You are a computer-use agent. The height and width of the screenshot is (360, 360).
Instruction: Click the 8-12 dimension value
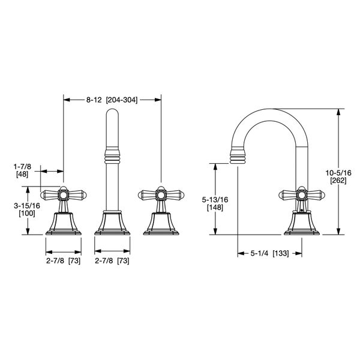tap(94, 100)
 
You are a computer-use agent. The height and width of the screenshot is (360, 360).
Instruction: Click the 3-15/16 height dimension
tap(27, 205)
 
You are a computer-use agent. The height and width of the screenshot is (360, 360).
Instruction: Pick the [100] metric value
tap(27, 213)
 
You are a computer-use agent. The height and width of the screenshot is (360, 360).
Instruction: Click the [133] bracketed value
tap(281, 254)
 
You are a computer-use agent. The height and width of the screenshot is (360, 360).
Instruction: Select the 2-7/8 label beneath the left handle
tap(56, 260)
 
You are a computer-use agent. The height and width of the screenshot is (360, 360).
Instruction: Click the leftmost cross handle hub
tap(62, 194)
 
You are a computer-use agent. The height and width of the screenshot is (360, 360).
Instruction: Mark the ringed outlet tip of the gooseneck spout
tap(239, 157)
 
